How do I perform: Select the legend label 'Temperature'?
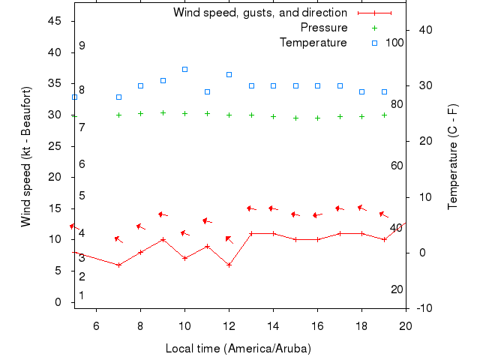tap(313, 43)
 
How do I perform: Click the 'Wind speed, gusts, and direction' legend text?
tap(260, 13)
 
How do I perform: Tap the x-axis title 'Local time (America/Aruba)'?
tap(238, 349)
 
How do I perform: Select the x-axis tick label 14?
tap(273, 325)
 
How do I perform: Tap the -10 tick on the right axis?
tap(424, 308)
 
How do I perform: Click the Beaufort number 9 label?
tap(82, 46)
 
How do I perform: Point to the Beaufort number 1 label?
tap(82, 295)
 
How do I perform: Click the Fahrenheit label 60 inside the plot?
tap(397, 166)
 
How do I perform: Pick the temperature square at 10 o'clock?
tap(184, 69)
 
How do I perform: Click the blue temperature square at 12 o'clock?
tap(229, 74)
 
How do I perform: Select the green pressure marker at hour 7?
tap(118, 115)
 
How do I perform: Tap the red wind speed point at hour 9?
tap(163, 240)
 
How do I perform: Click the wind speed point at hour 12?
tap(229, 265)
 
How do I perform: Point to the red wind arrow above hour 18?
tap(362, 208)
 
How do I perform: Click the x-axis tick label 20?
tap(406, 325)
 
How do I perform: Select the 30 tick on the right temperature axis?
tap(424, 85)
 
